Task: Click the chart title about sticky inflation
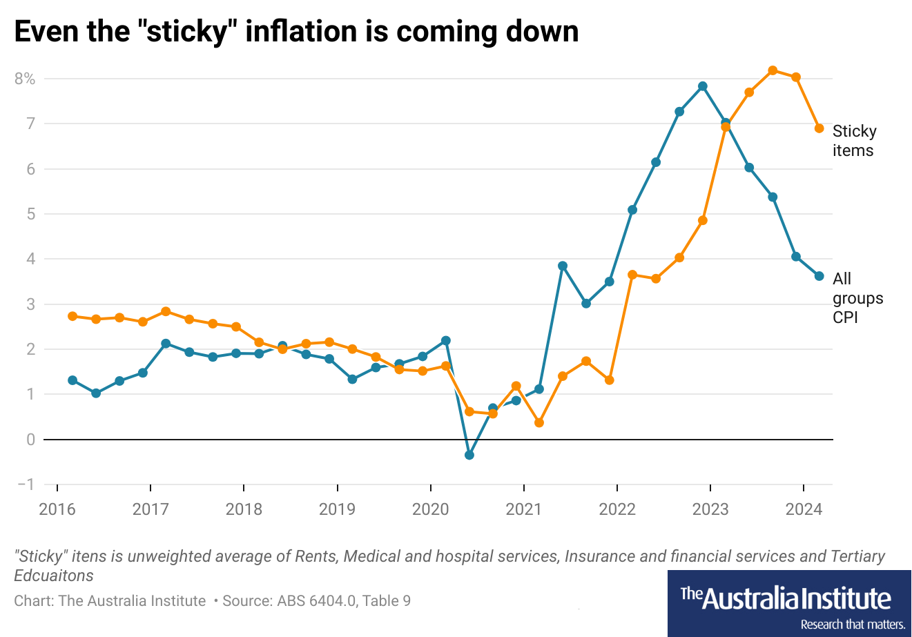296,32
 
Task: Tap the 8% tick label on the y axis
25,79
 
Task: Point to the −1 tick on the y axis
26,484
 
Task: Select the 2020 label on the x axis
430,509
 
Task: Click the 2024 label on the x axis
804,509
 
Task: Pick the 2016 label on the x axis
57,509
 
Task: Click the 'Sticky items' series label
854,141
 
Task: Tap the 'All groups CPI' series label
857,298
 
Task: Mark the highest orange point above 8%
773,70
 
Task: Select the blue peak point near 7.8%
703,86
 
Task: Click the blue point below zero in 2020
469,455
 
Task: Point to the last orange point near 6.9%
819,128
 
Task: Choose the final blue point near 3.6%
819,276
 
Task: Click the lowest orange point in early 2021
539,422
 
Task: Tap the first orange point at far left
72,316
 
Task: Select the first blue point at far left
72,380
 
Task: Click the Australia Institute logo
789,603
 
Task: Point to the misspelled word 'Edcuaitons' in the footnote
54,576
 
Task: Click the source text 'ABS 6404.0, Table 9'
344,601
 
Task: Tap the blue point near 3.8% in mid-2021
563,266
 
